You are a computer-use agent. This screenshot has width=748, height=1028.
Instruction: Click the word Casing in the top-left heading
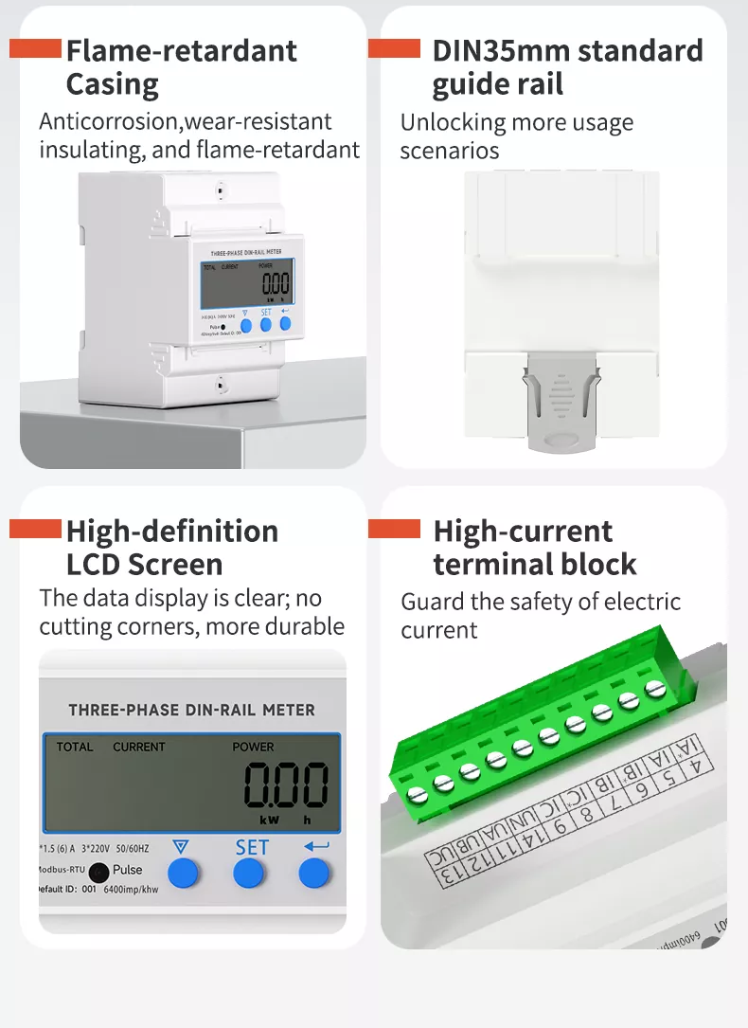(x=112, y=85)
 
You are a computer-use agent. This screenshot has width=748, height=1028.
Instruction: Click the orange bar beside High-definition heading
(x=35, y=529)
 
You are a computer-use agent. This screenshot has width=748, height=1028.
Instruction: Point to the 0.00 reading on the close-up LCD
(x=286, y=785)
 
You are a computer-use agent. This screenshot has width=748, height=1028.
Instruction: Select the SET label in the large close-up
(x=252, y=847)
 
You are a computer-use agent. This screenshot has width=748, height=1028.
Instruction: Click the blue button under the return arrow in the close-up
(x=314, y=873)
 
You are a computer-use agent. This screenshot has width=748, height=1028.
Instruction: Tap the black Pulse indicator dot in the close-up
(x=98, y=870)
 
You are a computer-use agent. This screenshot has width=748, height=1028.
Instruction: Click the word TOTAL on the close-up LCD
(x=75, y=747)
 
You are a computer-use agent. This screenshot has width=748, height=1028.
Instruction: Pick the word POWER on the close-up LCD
(x=253, y=747)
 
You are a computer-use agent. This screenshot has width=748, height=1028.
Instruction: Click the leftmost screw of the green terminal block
(x=415, y=791)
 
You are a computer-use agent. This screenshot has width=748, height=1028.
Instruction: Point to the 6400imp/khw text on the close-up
(x=131, y=890)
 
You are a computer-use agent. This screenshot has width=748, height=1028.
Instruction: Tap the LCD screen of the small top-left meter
(x=246, y=282)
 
